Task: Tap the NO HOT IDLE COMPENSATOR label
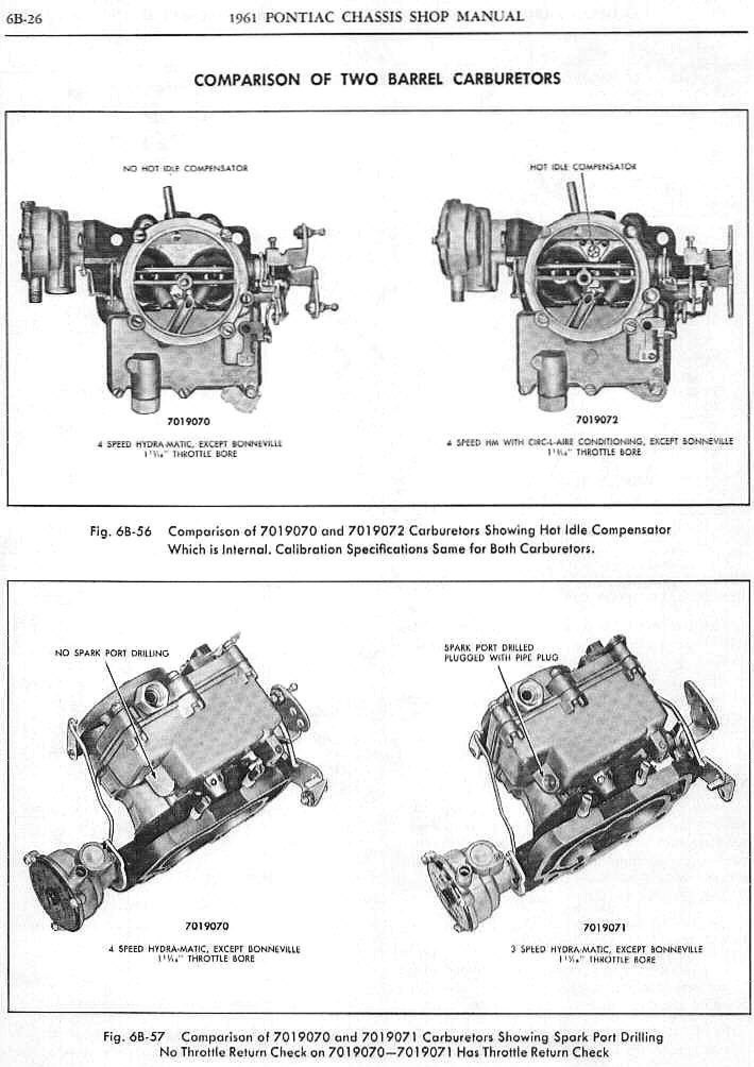tap(185, 168)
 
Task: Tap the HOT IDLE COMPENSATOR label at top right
tap(583, 166)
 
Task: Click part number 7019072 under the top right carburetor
tap(597, 420)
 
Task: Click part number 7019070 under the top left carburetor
tap(188, 422)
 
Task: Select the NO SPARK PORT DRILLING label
tap(112, 653)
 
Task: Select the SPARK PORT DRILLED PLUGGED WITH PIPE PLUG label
tap(501, 653)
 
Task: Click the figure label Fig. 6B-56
tap(121, 531)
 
